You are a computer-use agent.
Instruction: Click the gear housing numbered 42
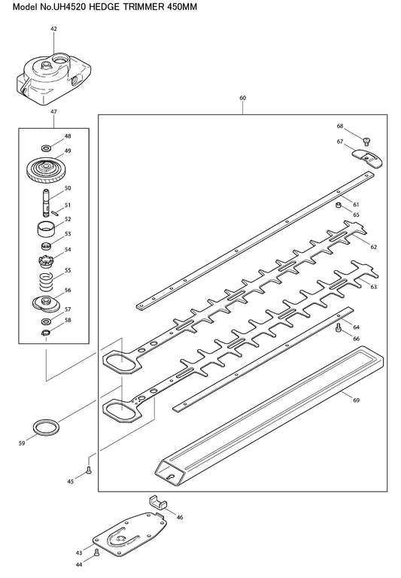tap(54, 78)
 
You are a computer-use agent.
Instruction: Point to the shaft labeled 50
tap(46, 204)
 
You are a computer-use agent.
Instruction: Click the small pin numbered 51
tap(55, 212)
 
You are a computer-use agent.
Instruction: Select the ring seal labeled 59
tap(46, 427)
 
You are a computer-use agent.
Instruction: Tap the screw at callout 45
tap(89, 470)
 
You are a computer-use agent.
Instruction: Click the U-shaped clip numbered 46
tap(158, 502)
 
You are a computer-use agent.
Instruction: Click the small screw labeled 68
tap(366, 141)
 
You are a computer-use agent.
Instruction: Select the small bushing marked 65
tap(338, 205)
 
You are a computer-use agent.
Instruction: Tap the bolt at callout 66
tap(339, 327)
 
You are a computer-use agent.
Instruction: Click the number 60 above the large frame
tap(242, 98)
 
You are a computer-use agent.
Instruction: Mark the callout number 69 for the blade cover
tap(356, 400)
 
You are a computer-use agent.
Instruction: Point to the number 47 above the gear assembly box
tap(54, 111)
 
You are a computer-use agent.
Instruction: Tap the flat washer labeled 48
tap(46, 148)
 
